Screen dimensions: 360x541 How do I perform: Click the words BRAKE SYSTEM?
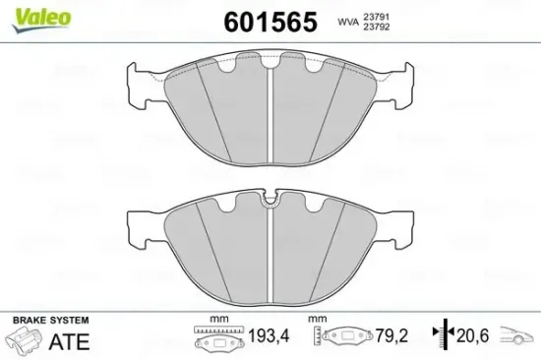(x=49, y=322)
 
